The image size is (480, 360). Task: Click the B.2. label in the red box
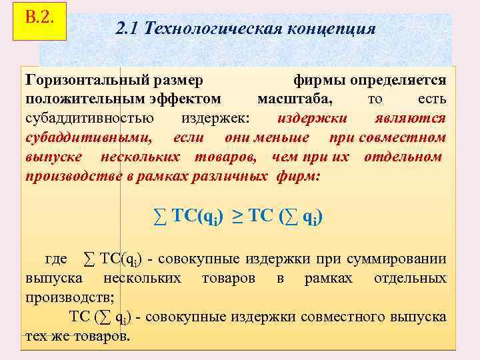(39, 16)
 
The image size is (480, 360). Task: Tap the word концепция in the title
(331, 29)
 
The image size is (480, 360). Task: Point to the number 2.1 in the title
(127, 29)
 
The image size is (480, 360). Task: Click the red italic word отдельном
(403, 157)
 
